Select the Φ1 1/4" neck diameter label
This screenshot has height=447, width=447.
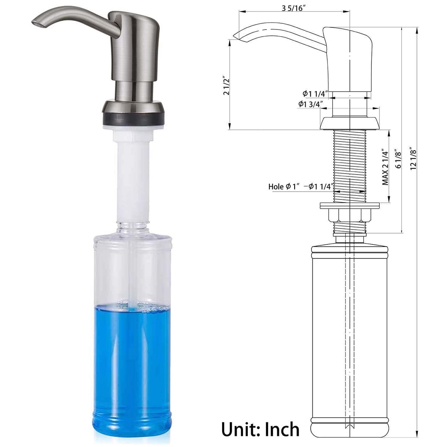(315, 94)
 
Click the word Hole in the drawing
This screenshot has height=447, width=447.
(276, 187)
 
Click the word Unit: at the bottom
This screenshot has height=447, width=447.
(240, 429)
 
